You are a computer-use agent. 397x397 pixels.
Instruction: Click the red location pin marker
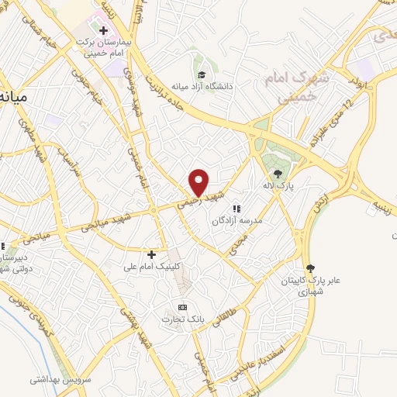click(199, 182)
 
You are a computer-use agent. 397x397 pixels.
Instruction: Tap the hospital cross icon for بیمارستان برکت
click(103, 30)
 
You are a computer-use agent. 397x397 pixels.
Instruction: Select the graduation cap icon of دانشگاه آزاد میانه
click(201, 75)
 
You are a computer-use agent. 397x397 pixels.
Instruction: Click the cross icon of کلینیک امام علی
click(152, 254)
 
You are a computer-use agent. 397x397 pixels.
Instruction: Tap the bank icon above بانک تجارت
click(183, 307)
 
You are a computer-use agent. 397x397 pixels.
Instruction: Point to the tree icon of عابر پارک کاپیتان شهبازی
click(311, 268)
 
